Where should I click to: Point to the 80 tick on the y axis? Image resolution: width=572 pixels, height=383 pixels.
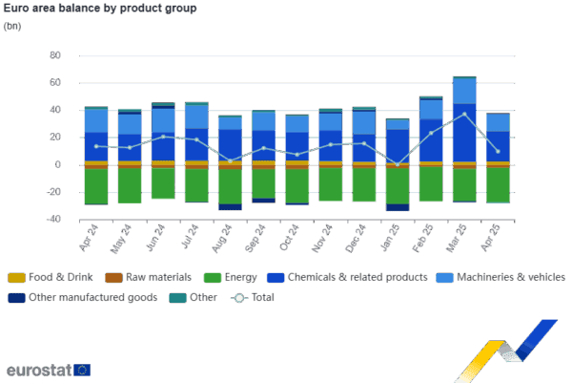(55, 55)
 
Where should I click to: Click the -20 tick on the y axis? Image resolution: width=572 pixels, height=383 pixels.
(53, 191)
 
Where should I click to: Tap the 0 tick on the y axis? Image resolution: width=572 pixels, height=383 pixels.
(57, 164)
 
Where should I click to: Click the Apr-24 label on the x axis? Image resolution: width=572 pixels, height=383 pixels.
(92, 232)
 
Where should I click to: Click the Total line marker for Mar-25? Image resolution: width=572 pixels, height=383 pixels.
(464, 115)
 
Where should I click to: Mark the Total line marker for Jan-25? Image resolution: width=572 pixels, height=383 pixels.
(398, 164)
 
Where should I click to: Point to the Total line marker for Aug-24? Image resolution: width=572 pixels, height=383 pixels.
(230, 160)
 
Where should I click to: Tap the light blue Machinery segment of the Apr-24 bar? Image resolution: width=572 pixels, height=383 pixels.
(96, 119)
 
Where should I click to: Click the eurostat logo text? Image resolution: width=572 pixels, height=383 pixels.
(38, 369)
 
